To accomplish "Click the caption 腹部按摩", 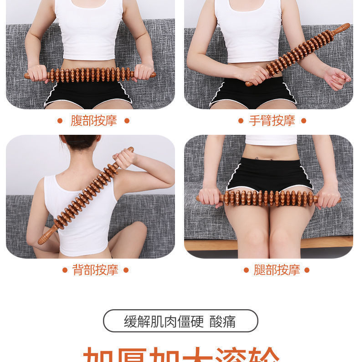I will (x=93, y=121).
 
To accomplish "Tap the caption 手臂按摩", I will (x=272, y=121).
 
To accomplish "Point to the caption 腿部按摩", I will (x=277, y=270).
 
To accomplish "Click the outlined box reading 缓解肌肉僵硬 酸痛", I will (x=180, y=321).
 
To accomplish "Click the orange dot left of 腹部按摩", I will (x=60, y=121).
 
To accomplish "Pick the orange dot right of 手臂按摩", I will (x=304, y=121).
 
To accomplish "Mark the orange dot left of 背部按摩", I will (x=64, y=270).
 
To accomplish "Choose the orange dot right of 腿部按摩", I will (x=307, y=270).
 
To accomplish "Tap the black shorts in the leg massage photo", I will (x=269, y=173).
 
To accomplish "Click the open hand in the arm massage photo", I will (x=337, y=77).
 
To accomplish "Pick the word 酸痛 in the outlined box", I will (x=223, y=321).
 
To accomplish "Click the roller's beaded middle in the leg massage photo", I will (x=269, y=199).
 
